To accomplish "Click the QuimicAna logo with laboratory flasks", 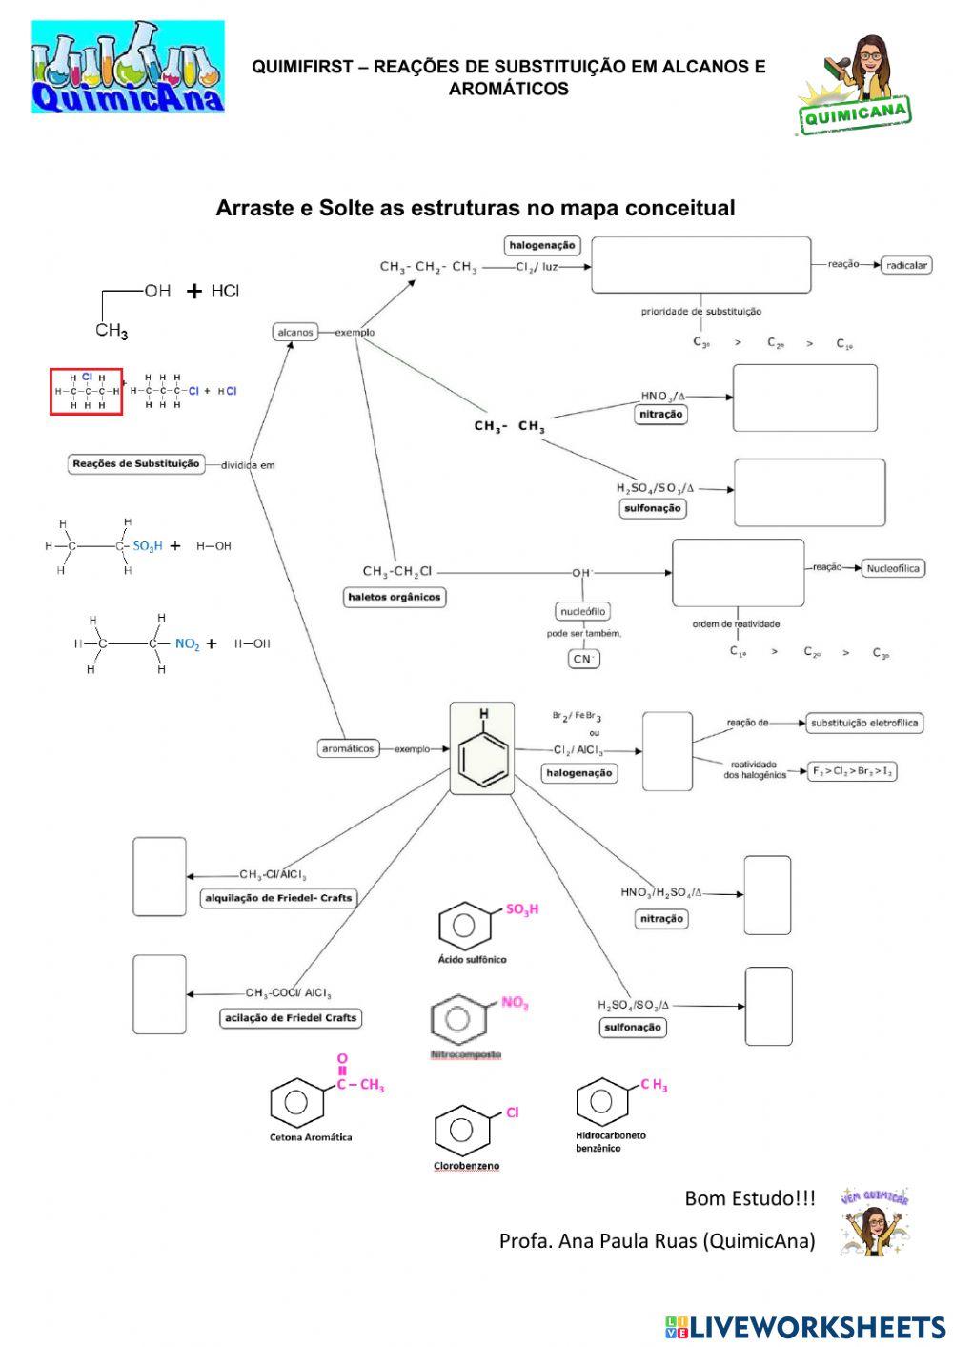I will coord(128,67).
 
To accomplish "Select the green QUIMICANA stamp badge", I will coord(855,113).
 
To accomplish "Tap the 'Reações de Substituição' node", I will coord(136,464).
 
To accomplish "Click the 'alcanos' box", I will coord(294,332).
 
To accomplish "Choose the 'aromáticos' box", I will coord(348,748).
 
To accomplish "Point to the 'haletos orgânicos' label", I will coord(395,597).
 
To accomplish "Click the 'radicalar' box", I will coord(905,265).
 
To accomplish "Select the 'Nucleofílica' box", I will coord(892,568).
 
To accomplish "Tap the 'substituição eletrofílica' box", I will coord(863,723).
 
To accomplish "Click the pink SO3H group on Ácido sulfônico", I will coord(521,909).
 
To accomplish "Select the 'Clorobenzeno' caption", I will coord(467,1166).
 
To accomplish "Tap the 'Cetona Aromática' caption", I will coord(311,1137).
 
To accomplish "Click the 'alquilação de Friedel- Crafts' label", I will coord(278,898).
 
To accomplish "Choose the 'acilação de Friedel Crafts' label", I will coord(291,1018).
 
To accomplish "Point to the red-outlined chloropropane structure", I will coord(87,391).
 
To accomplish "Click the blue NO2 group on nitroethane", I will coord(187,643).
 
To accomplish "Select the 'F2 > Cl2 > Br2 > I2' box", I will coord(852,771).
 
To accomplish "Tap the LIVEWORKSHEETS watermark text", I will coord(816,1327).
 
